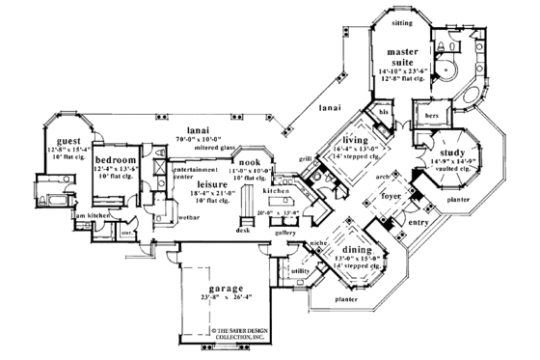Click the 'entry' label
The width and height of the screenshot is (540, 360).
pyautogui.click(x=418, y=222)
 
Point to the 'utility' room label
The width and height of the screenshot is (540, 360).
pyautogui.click(x=299, y=272)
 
